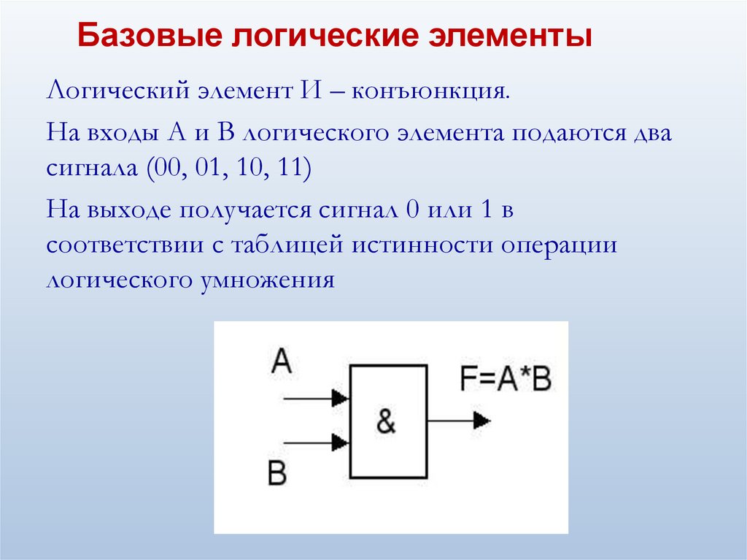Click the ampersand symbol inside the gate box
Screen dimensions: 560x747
click(387, 421)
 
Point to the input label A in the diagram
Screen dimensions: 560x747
click(281, 361)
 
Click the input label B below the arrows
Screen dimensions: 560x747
click(277, 474)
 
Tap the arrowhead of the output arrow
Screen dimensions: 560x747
click(481, 420)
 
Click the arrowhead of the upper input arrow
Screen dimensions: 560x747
click(339, 398)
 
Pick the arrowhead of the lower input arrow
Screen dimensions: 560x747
click(339, 442)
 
